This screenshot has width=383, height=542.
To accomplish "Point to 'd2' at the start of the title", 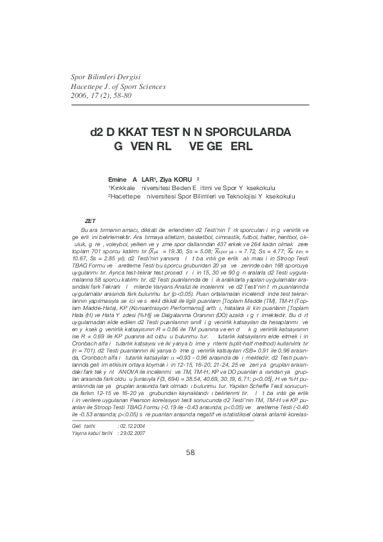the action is [96, 132].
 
